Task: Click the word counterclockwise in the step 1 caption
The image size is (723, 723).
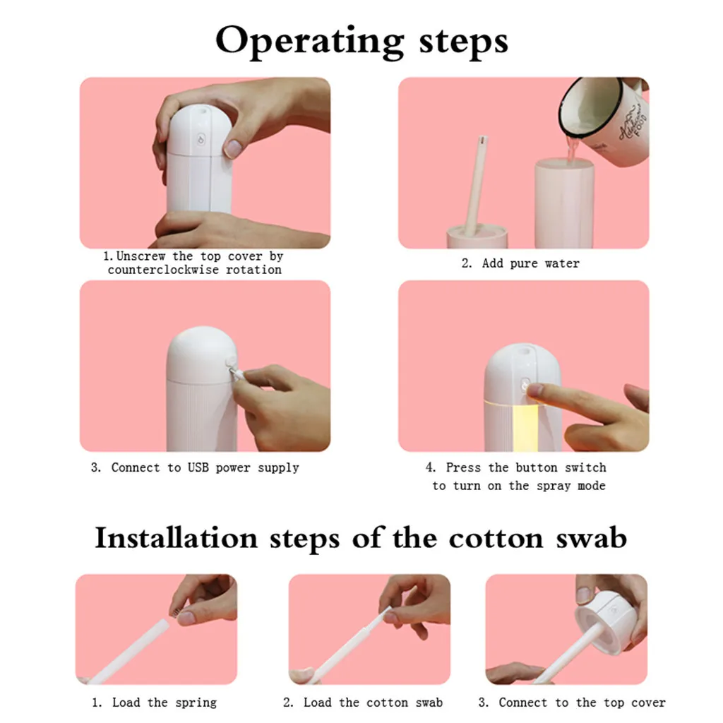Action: [x=163, y=270]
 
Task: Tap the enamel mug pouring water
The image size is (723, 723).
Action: [x=604, y=121]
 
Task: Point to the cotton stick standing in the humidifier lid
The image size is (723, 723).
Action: [x=476, y=185]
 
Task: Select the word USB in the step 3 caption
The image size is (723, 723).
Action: [x=198, y=467]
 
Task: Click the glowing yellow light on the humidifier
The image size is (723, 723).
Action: [x=525, y=424]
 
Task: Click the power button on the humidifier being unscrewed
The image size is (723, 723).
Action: [x=201, y=139]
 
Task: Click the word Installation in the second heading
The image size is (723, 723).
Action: [x=176, y=538]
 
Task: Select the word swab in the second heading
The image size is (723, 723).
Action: [x=591, y=538]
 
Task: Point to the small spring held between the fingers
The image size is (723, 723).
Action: [x=175, y=612]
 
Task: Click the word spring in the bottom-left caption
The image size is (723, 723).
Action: [x=196, y=703]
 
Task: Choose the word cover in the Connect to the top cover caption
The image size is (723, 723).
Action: [x=648, y=703]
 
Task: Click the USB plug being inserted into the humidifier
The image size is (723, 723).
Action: [x=237, y=372]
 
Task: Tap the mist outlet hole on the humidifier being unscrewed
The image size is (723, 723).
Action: [x=202, y=111]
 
